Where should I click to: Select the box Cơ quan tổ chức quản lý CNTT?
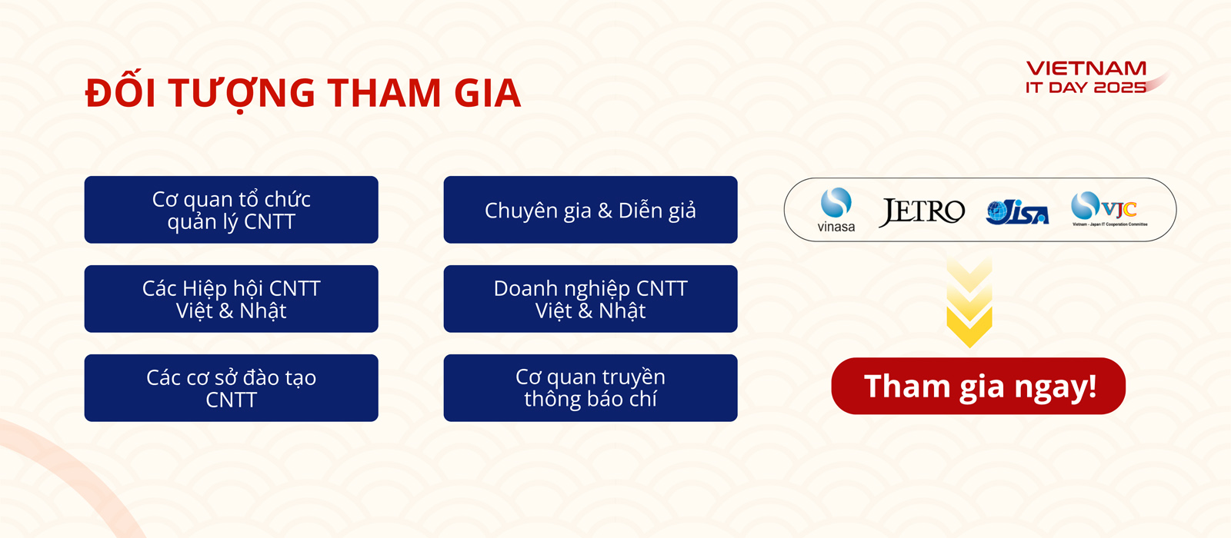(232, 210)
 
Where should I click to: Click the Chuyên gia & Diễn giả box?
(590, 210)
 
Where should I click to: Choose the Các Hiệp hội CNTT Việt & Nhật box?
(232, 299)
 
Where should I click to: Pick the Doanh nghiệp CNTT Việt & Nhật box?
(590, 299)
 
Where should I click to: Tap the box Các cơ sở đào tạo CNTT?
(232, 388)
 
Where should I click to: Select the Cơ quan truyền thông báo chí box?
(590, 388)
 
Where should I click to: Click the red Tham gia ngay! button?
(978, 386)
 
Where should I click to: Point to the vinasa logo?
(836, 211)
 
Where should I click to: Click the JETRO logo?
(922, 212)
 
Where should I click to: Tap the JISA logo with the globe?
(1017, 212)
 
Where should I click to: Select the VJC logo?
(1109, 208)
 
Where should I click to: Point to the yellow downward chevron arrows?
(969, 303)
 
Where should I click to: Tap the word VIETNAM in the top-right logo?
(1086, 68)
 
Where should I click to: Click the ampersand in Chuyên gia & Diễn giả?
(605, 211)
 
